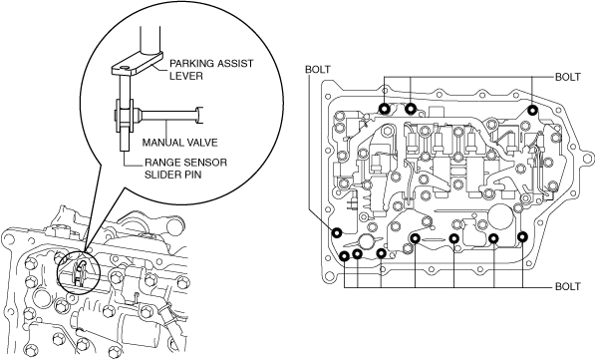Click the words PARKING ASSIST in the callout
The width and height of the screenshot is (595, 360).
(x=211, y=63)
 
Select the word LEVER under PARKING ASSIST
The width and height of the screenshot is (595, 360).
(x=186, y=76)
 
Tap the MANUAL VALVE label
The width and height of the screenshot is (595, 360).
(x=179, y=143)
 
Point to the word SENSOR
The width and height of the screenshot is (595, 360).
(x=205, y=163)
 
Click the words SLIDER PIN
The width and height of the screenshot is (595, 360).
(x=173, y=175)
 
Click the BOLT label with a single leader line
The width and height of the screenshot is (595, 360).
(x=318, y=70)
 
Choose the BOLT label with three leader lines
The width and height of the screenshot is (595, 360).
(x=568, y=77)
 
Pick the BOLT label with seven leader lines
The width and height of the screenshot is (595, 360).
(x=568, y=286)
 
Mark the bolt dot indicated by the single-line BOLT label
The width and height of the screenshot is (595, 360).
(x=337, y=232)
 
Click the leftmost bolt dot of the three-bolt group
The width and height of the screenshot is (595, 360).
(x=385, y=109)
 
